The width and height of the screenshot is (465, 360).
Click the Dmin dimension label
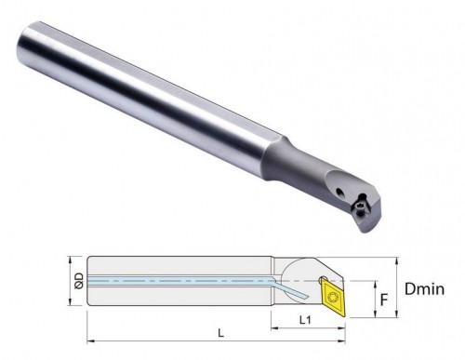point(424,289)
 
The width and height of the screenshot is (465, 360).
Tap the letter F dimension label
point(384,300)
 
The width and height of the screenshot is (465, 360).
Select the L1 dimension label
point(305,320)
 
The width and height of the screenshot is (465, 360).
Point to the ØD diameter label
point(79,281)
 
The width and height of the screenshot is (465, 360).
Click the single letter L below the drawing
point(220,333)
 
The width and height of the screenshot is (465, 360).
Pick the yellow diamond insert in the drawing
point(333,297)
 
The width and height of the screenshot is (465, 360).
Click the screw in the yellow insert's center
point(333,298)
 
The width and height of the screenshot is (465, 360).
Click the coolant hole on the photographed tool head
point(340,193)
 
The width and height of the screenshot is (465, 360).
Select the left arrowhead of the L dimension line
point(90,341)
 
